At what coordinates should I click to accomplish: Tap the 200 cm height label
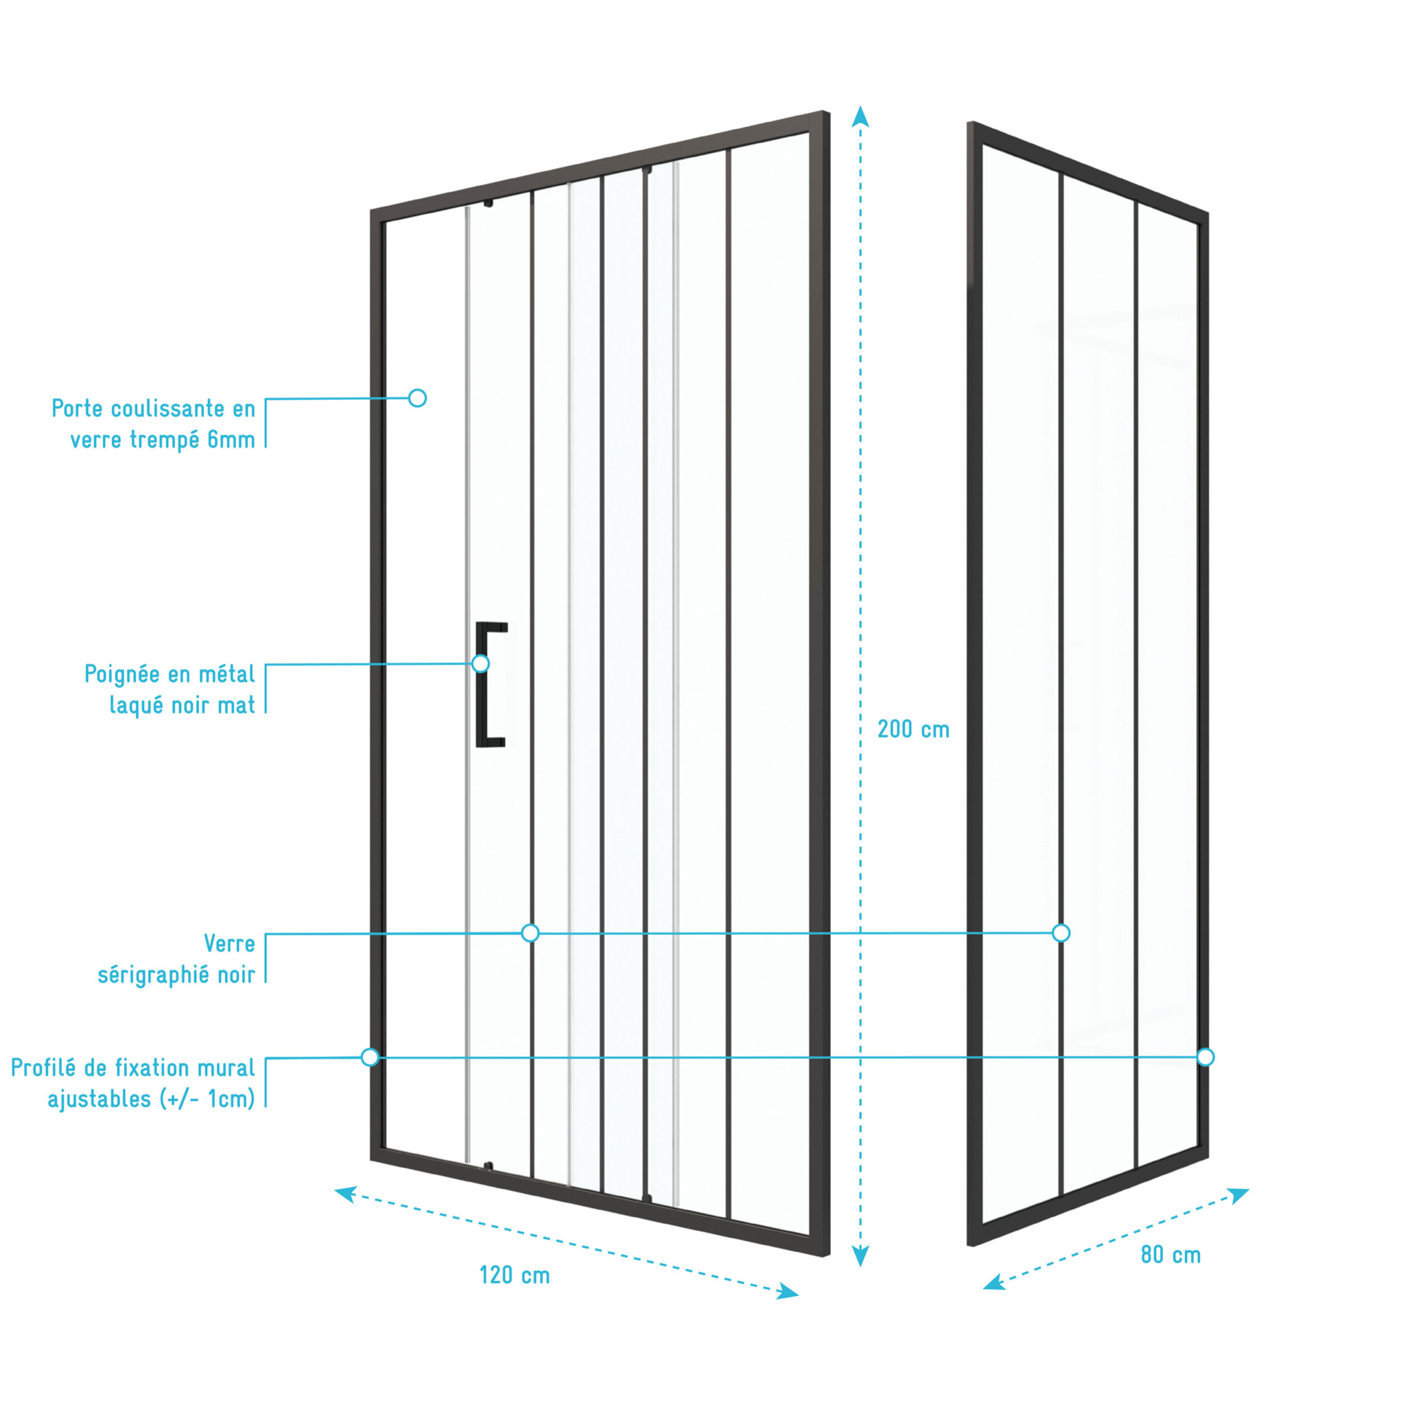point(913,729)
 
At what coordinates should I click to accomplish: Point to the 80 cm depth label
point(1170,1255)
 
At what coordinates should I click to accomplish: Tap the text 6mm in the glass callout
point(231,440)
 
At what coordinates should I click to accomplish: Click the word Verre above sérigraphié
point(229,944)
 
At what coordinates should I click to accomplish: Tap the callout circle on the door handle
point(480,663)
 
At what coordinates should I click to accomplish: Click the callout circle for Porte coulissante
point(417,398)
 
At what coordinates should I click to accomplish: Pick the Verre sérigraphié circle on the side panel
point(1061,933)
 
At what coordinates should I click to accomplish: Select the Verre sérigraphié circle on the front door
point(530,933)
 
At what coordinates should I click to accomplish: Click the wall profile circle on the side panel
point(1205,1056)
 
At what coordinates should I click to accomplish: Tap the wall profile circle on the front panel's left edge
point(370,1056)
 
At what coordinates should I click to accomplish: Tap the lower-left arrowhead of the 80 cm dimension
point(993,1282)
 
